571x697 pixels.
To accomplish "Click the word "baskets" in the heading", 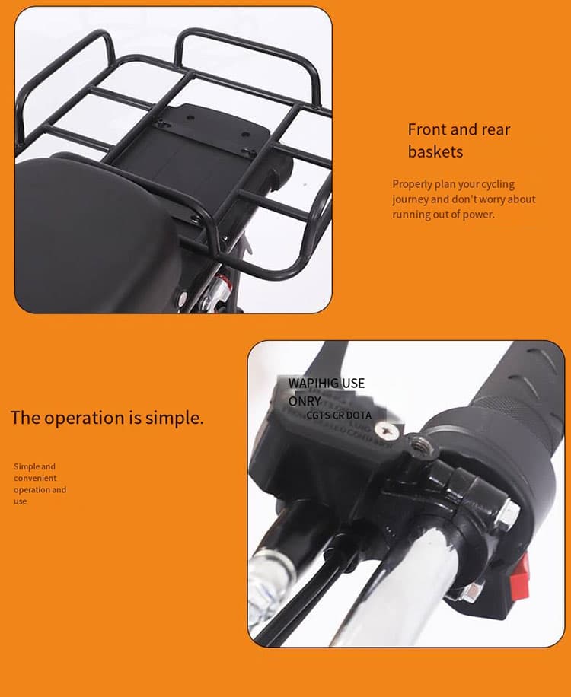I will pos(435,151).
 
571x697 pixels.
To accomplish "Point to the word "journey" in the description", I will pos(410,199).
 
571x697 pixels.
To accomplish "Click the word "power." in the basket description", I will pos(479,215).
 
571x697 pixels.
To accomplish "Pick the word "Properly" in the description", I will pos(412,184).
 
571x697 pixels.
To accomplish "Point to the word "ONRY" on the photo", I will pos(305,401).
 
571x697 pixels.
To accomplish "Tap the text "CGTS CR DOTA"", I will pos(339,415).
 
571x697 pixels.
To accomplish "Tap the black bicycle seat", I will pos(91,236).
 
